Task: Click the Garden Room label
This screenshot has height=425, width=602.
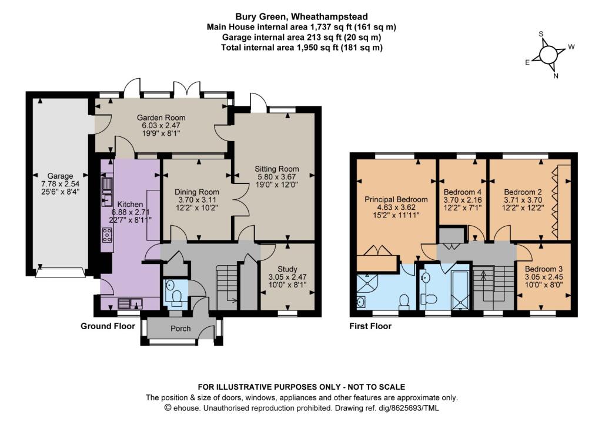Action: point(161,118)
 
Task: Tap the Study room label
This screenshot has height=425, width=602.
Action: point(287,269)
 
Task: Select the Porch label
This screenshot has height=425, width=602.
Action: point(180,328)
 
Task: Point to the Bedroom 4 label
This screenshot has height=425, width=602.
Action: point(463,192)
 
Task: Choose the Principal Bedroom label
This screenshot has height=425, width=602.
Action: point(396,199)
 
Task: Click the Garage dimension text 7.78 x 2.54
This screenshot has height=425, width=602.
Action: point(61,183)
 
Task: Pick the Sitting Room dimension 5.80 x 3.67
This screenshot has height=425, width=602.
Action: point(276,176)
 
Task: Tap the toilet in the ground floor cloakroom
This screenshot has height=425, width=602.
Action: point(177,298)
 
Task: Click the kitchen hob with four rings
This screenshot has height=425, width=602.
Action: point(107,235)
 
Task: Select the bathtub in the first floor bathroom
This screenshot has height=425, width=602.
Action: point(460,290)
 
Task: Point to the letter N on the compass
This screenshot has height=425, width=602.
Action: point(556,76)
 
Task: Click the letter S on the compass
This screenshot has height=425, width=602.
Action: point(541,34)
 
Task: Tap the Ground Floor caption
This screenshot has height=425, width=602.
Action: point(108,326)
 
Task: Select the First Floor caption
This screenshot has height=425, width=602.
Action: point(370,326)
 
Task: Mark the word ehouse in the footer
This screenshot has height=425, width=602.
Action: point(186,408)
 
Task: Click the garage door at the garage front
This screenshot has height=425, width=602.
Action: point(61,272)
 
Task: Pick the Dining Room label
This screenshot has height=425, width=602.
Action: point(196,192)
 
